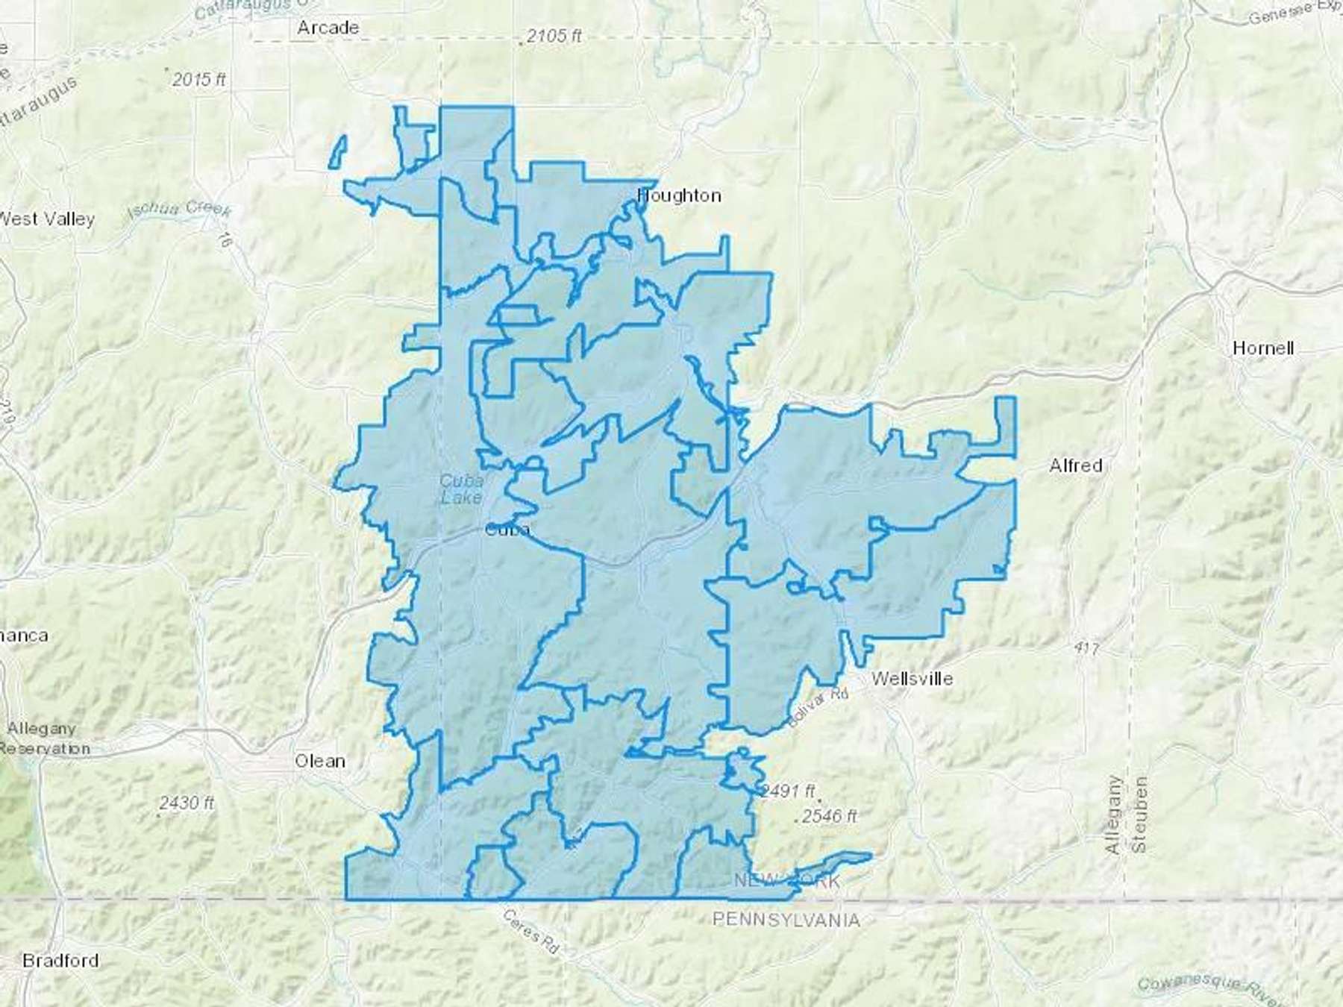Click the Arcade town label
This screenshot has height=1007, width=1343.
[328, 28]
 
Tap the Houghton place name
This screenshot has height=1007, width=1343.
[679, 195]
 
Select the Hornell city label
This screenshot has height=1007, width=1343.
[1262, 348]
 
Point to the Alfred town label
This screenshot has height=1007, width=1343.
[1075, 465]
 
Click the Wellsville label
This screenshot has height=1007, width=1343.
[912, 679]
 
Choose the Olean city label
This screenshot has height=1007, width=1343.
[320, 761]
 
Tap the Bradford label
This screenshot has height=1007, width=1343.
[60, 960]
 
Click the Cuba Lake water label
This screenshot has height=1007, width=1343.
[460, 489]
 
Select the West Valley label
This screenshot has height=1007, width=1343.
[48, 219]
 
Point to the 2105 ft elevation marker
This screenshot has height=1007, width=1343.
[553, 36]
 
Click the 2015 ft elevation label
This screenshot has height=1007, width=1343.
[198, 79]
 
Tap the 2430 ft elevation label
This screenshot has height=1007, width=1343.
[187, 803]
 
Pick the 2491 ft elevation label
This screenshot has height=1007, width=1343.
[787, 791]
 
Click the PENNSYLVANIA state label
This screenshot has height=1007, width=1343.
[786, 920]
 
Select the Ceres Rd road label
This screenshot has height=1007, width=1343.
[530, 932]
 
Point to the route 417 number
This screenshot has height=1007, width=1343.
[1086, 649]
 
